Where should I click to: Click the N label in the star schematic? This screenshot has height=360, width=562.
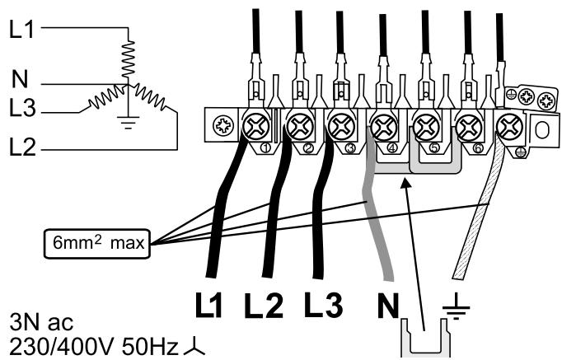(21, 81)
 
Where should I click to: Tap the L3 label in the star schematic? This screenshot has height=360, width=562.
(24, 107)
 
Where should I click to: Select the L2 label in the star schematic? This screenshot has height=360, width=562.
(24, 149)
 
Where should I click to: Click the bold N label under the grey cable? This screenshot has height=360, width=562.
(384, 306)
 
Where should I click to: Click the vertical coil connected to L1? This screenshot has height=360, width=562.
(128, 58)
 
